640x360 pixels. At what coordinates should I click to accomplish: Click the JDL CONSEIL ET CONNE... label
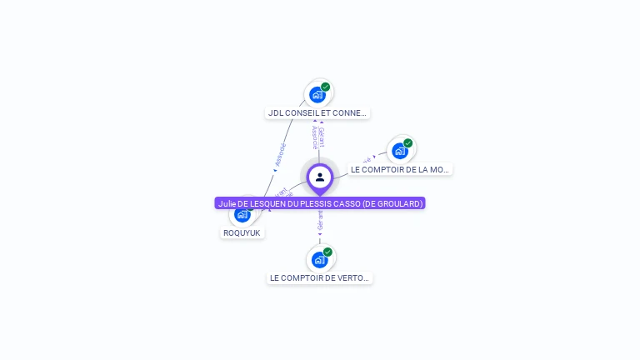click(317, 112)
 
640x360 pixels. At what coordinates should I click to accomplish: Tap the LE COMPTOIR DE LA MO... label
click(400, 169)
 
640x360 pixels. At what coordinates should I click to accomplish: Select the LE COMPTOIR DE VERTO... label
click(319, 277)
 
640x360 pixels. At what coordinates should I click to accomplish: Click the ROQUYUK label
click(242, 232)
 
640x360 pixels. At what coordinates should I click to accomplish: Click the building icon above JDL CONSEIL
click(317, 95)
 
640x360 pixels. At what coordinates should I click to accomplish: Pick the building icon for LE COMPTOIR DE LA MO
click(400, 151)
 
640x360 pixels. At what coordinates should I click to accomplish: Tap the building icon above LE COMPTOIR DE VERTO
click(319, 260)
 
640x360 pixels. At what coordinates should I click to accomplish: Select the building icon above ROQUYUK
click(242, 215)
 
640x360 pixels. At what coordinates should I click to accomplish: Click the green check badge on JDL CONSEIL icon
click(326, 87)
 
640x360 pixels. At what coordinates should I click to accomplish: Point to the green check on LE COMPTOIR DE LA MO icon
click(408, 142)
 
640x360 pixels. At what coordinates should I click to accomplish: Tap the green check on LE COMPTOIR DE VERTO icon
click(327, 252)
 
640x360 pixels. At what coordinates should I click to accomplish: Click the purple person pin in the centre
click(320, 177)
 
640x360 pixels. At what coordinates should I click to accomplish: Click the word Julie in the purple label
click(227, 203)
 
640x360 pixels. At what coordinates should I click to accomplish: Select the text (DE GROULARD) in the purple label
click(393, 203)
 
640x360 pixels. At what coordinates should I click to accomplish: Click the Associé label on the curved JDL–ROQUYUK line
click(280, 155)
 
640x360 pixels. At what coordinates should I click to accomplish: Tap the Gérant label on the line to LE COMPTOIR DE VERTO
click(320, 219)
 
